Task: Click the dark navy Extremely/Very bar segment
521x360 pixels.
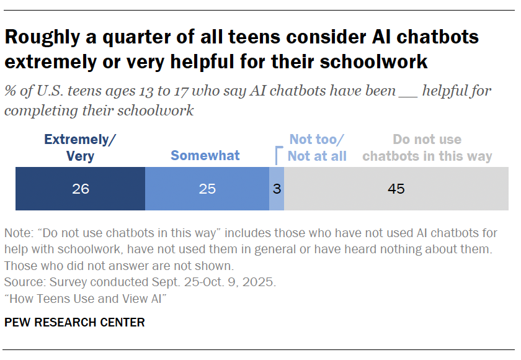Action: (x=80, y=189)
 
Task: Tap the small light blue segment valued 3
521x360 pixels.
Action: (x=277, y=189)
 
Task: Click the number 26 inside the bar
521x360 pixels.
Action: (x=80, y=189)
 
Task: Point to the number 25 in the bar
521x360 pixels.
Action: (x=207, y=189)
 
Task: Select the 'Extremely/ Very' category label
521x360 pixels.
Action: (x=80, y=148)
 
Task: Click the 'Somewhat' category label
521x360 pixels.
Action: (x=205, y=155)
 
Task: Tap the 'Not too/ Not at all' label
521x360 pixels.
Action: (x=317, y=148)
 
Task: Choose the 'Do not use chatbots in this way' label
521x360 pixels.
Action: (x=427, y=148)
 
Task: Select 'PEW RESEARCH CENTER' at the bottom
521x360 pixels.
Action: (x=74, y=323)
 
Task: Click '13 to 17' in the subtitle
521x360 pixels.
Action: (x=173, y=91)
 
